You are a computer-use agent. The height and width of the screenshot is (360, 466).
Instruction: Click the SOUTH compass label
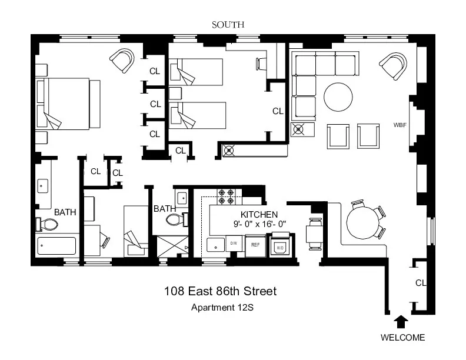coord(227,24)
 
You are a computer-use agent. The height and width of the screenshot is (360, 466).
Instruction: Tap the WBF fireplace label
coord(401,125)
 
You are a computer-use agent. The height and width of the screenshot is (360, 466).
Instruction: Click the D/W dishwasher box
coord(233,244)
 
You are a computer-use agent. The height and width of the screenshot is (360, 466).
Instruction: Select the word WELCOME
coord(402,338)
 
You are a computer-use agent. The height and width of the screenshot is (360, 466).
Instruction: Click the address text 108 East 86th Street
coord(220,291)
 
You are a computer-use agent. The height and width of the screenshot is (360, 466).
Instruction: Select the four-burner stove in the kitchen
coord(226,196)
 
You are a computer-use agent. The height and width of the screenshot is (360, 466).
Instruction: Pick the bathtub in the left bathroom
coord(57,245)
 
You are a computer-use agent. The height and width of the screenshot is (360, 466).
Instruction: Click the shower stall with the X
coord(173,247)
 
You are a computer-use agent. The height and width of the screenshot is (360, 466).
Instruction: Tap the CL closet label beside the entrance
coord(420,283)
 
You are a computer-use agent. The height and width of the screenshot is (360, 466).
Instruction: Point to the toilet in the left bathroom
coord(47,224)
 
